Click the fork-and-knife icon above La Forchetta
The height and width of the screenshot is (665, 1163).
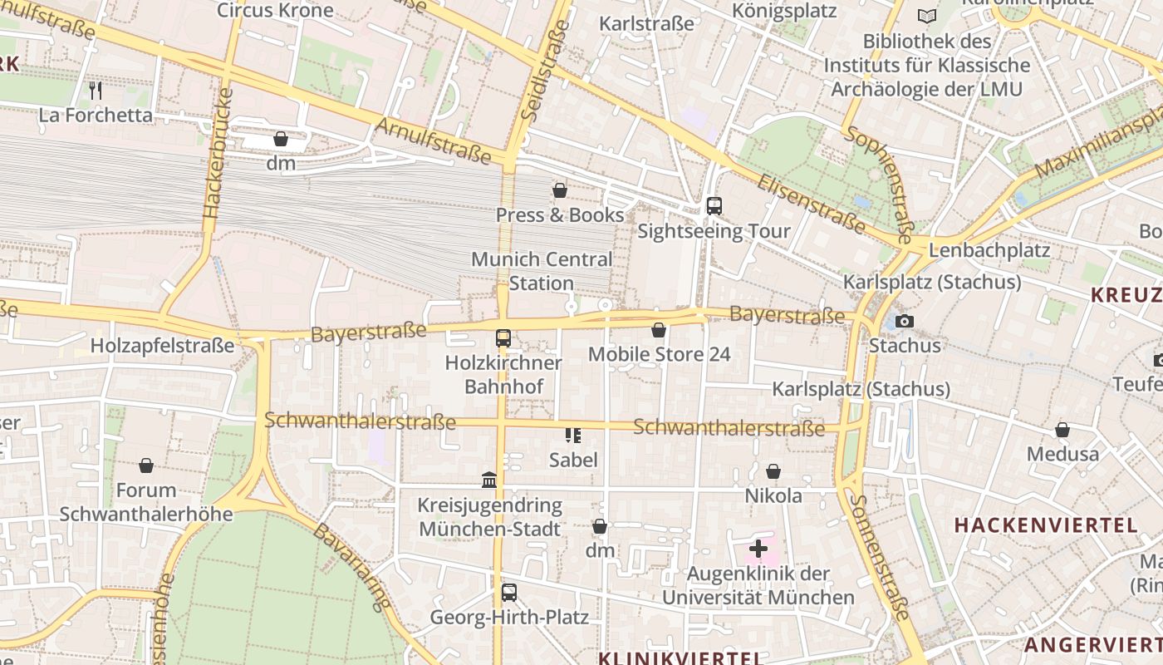tap(96, 89)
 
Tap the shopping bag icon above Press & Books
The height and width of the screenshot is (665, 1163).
tap(560, 190)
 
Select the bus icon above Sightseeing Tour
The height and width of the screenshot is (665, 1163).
tap(714, 205)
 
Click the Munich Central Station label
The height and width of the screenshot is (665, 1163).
tap(542, 271)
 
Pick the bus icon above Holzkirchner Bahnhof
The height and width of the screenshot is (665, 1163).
tap(503, 338)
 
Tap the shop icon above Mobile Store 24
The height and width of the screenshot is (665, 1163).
tap(659, 330)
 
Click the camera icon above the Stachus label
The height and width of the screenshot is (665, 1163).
tap(905, 321)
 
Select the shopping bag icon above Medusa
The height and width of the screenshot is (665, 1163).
tap(1062, 430)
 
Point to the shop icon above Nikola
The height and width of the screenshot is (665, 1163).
tap(773, 471)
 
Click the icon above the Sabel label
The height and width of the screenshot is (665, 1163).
tap(572, 435)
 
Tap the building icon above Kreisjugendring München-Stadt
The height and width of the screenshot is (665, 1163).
tap(489, 480)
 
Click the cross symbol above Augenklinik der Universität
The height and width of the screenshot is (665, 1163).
tap(758, 549)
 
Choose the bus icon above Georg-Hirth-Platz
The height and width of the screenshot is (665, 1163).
tap(508, 593)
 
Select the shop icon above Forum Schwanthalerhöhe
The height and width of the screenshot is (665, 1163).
tap(146, 465)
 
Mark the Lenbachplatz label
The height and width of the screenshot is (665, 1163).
tap(989, 250)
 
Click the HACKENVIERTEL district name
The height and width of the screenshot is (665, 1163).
tap(1045, 525)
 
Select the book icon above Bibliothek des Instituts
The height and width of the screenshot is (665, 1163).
tap(926, 16)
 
